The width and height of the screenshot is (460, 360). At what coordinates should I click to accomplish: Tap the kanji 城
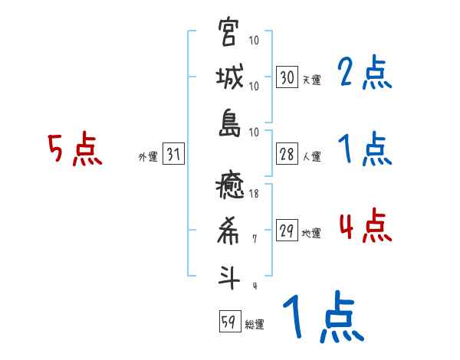[229, 78]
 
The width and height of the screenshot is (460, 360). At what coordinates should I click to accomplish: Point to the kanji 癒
[229, 188]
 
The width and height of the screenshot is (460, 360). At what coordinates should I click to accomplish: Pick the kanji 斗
[229, 277]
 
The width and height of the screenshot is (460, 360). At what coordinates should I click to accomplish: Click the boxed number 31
[173, 155]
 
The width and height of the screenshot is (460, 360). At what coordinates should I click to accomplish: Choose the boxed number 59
[229, 322]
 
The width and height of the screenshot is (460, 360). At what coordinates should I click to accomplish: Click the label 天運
[311, 79]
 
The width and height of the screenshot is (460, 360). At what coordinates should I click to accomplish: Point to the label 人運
[311, 157]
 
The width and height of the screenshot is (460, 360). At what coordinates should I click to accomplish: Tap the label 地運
[311, 234]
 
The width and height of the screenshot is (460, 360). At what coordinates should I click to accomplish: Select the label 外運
[148, 157]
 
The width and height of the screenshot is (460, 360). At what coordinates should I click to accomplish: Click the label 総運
[255, 324]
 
